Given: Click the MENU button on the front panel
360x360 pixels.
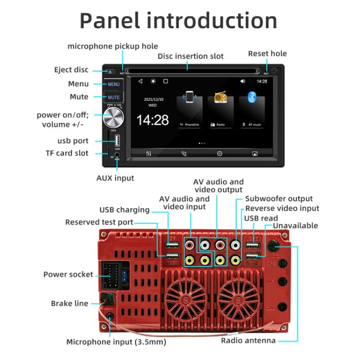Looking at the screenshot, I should pos(114,84).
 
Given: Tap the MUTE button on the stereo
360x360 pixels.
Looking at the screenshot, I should pos(114,97).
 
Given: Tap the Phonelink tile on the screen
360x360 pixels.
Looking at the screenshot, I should pos(190,111).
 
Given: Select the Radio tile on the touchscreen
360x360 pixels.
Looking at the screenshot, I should pos(220,111).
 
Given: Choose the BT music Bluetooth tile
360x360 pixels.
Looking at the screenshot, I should pos(252,111).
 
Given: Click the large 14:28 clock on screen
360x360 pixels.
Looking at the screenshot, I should pos(153,120).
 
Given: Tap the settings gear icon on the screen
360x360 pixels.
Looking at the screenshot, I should pos(219,154).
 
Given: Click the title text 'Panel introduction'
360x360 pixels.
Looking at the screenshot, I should pos(179,20).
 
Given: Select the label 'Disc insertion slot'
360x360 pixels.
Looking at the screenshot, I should pos(191,56).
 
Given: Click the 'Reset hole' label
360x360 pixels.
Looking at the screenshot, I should pos(267,53).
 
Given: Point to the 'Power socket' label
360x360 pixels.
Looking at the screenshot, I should pos(68,275).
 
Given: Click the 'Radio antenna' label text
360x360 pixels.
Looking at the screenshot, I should pos(248,340).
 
